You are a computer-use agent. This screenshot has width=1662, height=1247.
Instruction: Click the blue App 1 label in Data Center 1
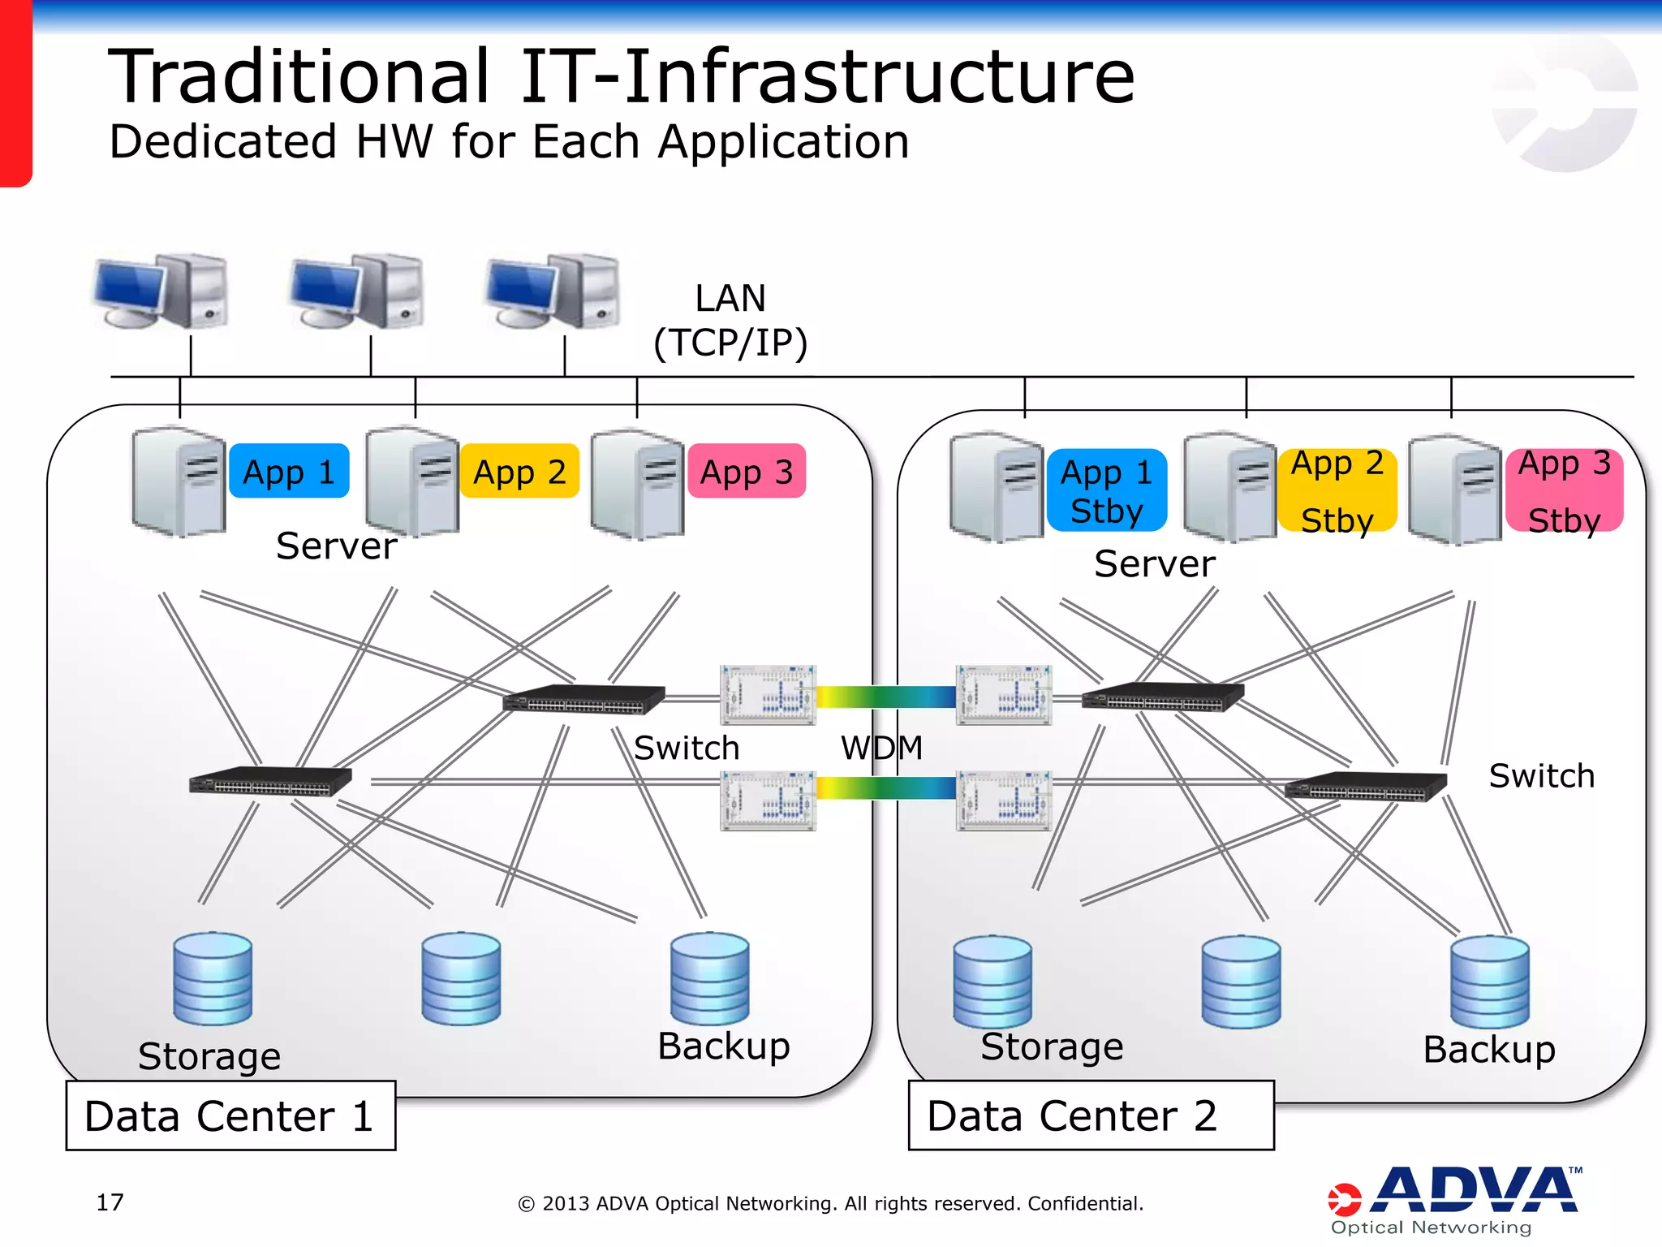289,471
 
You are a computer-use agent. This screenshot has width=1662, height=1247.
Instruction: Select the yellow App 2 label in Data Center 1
519,471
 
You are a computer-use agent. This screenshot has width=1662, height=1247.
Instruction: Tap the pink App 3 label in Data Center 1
747,471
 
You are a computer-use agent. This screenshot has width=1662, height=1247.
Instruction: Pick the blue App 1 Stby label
1107,490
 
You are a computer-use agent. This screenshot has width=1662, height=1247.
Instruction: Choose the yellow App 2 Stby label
1337,490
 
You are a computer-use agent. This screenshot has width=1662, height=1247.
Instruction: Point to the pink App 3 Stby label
1565,490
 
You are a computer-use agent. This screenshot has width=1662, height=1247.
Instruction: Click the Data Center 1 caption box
230,1115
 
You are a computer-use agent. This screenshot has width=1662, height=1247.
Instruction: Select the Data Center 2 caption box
1091,1115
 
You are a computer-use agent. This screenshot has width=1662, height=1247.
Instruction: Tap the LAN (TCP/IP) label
730,320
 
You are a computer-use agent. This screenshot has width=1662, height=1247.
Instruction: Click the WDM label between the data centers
881,747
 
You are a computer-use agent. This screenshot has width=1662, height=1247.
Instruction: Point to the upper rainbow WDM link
886,697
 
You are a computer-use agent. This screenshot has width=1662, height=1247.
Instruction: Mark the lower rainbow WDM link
886,787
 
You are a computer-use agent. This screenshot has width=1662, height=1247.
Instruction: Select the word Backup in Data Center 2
1489,1049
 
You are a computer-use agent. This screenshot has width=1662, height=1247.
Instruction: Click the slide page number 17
110,1202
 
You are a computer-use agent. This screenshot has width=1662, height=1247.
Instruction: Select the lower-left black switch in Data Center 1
270,781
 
